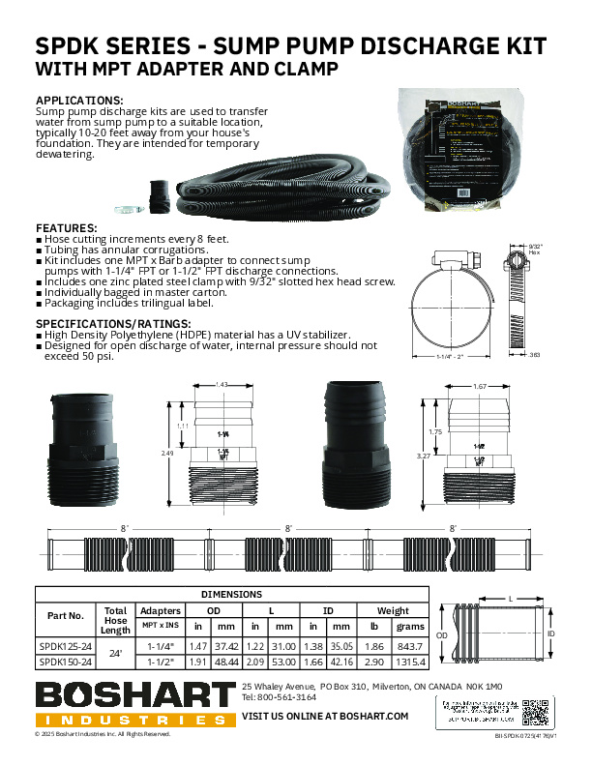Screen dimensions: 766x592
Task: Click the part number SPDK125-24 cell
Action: click(x=66, y=643)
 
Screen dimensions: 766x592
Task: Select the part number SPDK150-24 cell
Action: click(x=66, y=662)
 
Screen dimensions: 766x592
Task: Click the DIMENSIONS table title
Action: click(x=231, y=594)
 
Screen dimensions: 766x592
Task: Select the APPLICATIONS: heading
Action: click(x=79, y=101)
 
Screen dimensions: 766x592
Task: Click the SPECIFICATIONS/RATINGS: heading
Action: click(x=113, y=323)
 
